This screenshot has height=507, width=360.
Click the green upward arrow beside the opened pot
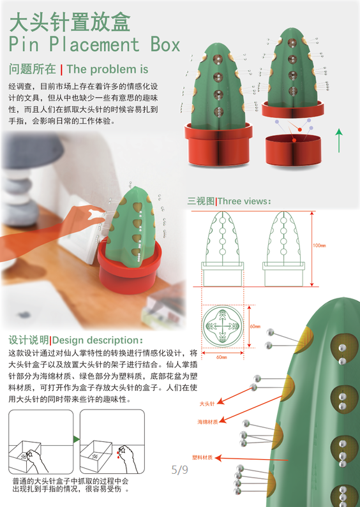(339, 139)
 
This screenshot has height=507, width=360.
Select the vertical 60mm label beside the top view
(255, 326)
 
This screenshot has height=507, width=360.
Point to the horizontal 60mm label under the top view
(221, 357)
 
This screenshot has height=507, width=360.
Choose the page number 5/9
(179, 471)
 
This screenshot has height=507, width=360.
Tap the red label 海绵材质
(209, 422)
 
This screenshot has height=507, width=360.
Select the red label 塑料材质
(204, 457)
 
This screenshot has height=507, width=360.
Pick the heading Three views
(244, 202)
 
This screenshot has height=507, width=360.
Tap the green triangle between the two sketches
(75, 439)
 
